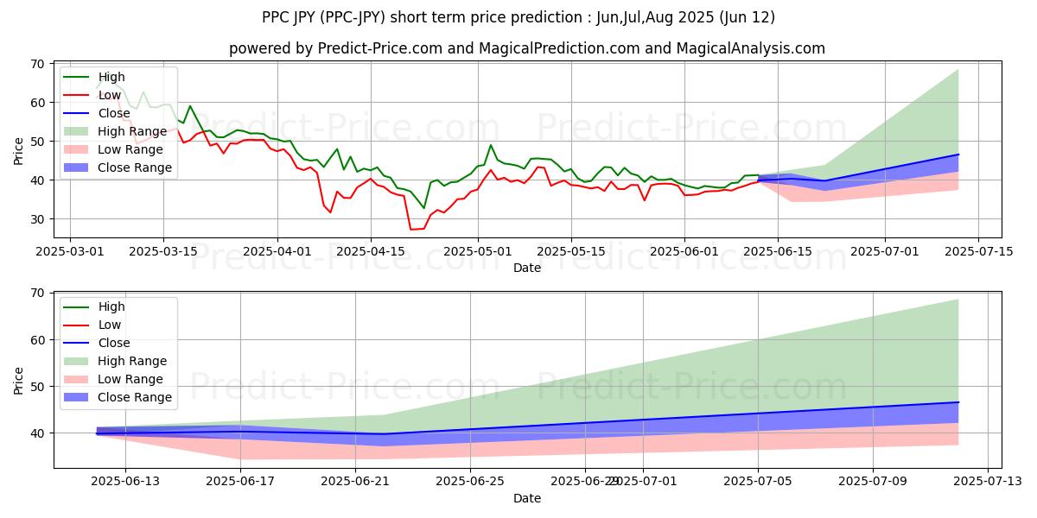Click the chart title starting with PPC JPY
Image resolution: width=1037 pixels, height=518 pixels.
[518, 17]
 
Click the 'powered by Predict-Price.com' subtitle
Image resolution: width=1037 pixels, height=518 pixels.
[527, 48]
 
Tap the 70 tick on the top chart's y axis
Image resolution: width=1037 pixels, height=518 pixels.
[39, 63]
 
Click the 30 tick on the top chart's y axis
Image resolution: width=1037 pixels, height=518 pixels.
[39, 219]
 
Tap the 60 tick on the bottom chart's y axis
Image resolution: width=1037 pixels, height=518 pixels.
[39, 340]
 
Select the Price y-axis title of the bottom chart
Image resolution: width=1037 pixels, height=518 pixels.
[20, 379]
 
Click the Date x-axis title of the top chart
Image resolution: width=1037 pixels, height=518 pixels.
[527, 268]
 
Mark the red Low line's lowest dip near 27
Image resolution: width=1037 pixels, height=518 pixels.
[411, 230]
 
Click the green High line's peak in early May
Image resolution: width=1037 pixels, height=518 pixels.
[491, 145]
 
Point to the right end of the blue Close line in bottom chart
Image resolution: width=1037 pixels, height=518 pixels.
[958, 402]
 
